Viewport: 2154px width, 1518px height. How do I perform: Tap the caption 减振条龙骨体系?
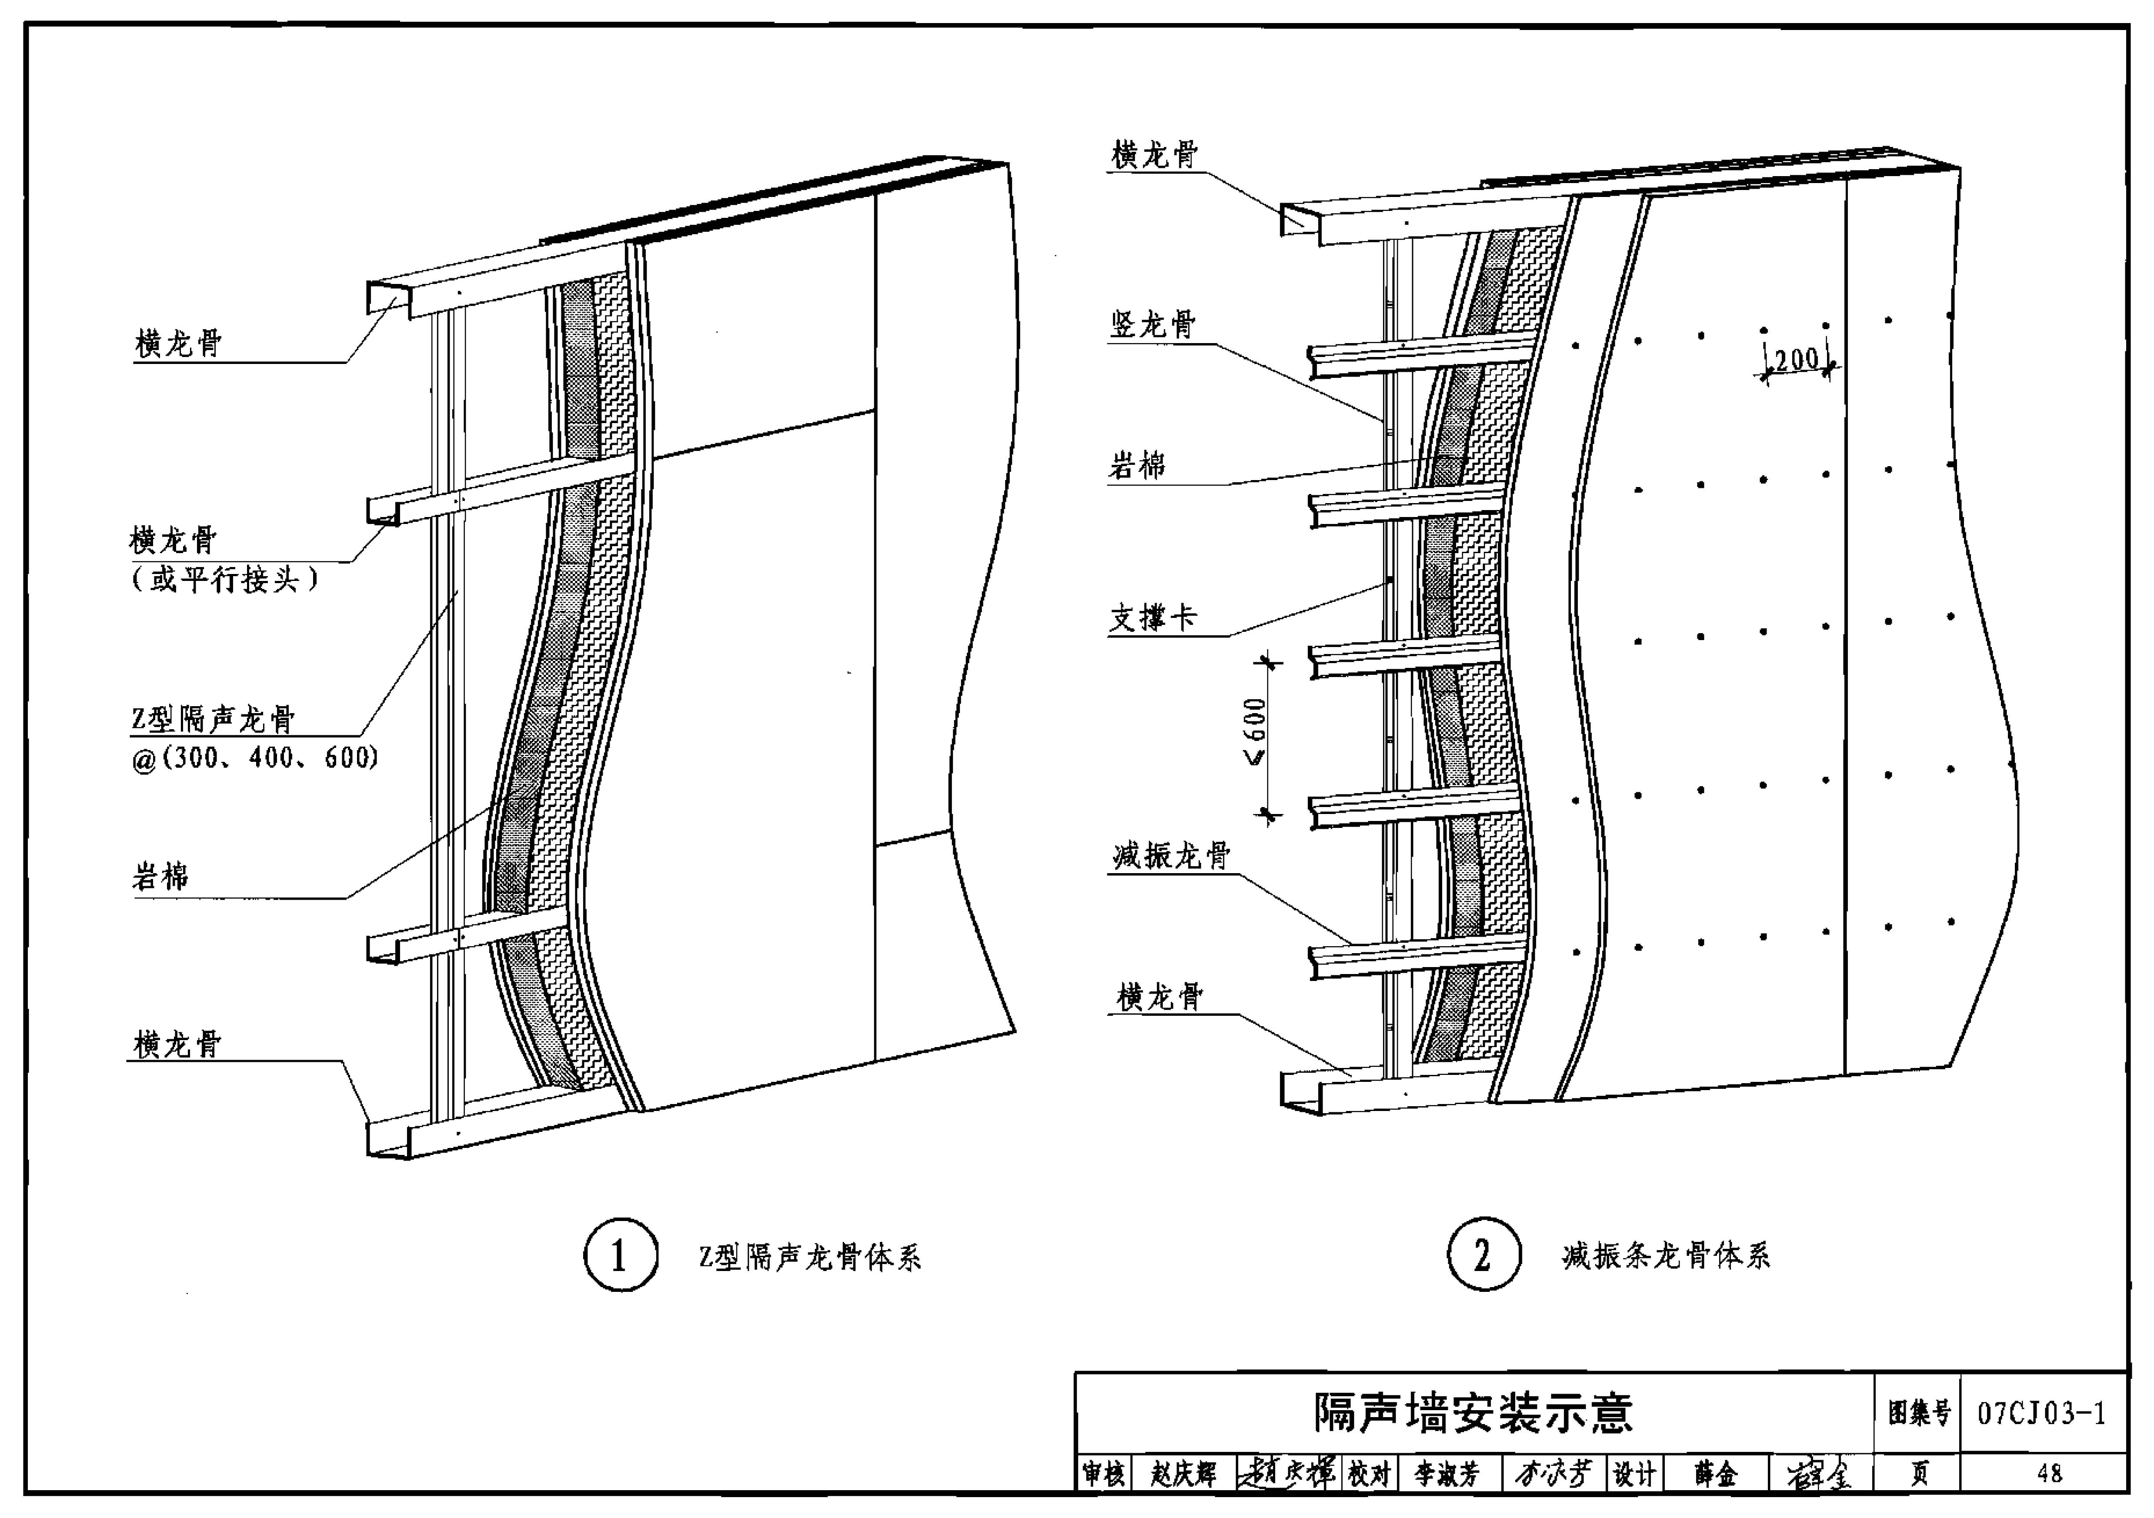(x=1666, y=1255)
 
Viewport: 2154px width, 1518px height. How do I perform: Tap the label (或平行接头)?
(x=225, y=579)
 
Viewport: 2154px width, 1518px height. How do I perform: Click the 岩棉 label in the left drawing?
(x=160, y=876)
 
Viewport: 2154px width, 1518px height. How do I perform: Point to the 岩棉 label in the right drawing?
(x=1137, y=465)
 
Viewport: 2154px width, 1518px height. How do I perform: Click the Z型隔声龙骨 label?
(x=213, y=719)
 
